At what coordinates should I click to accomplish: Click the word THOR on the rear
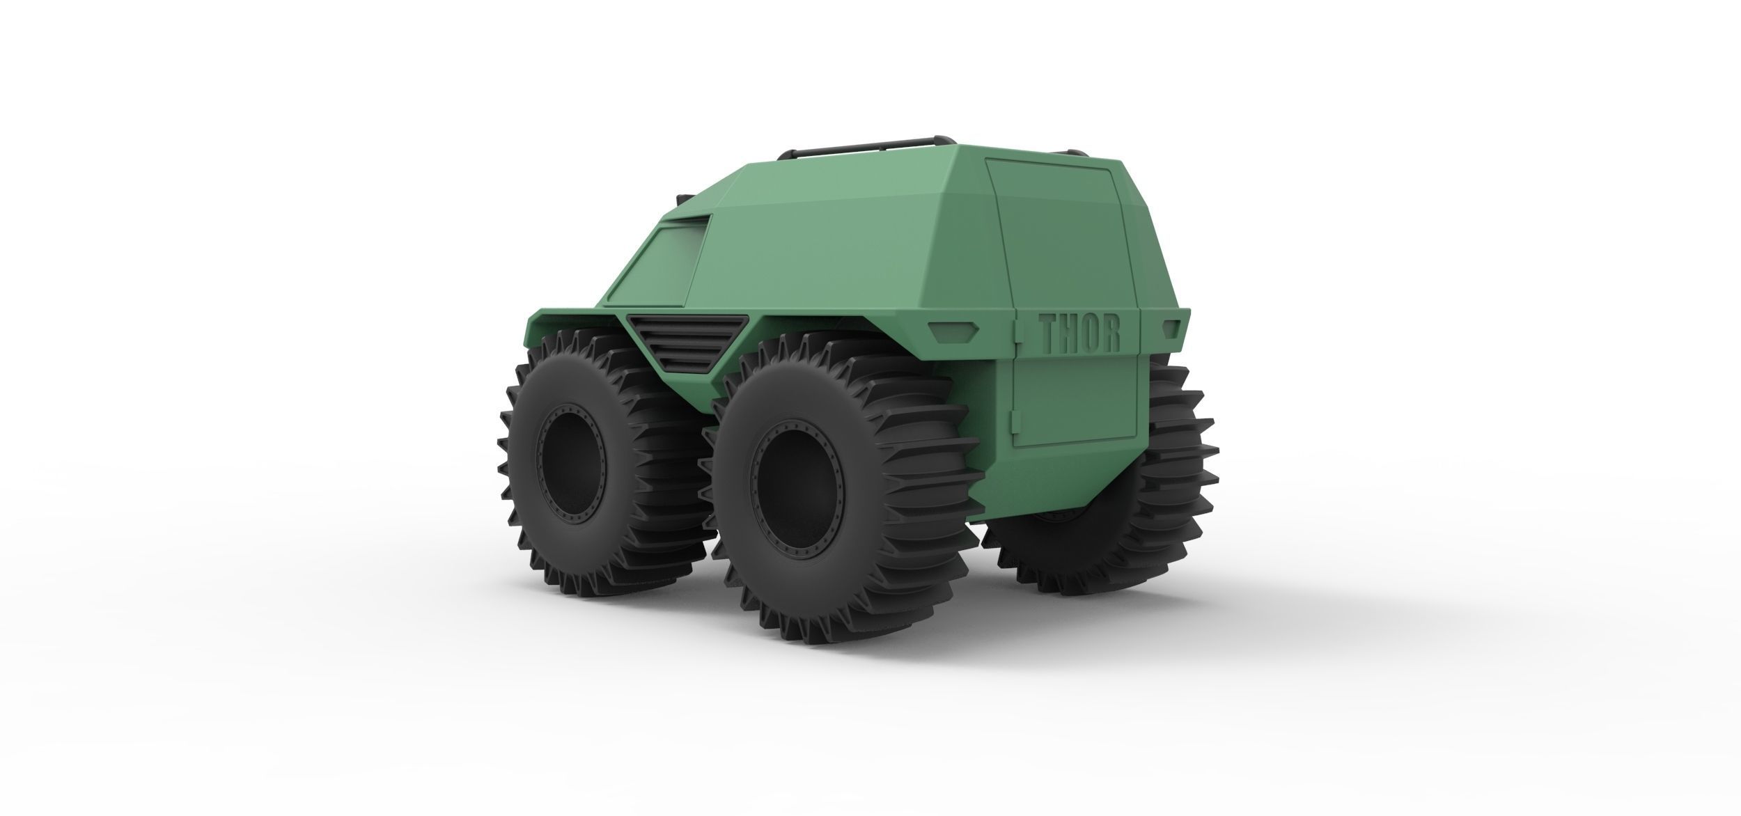[x=1079, y=333]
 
